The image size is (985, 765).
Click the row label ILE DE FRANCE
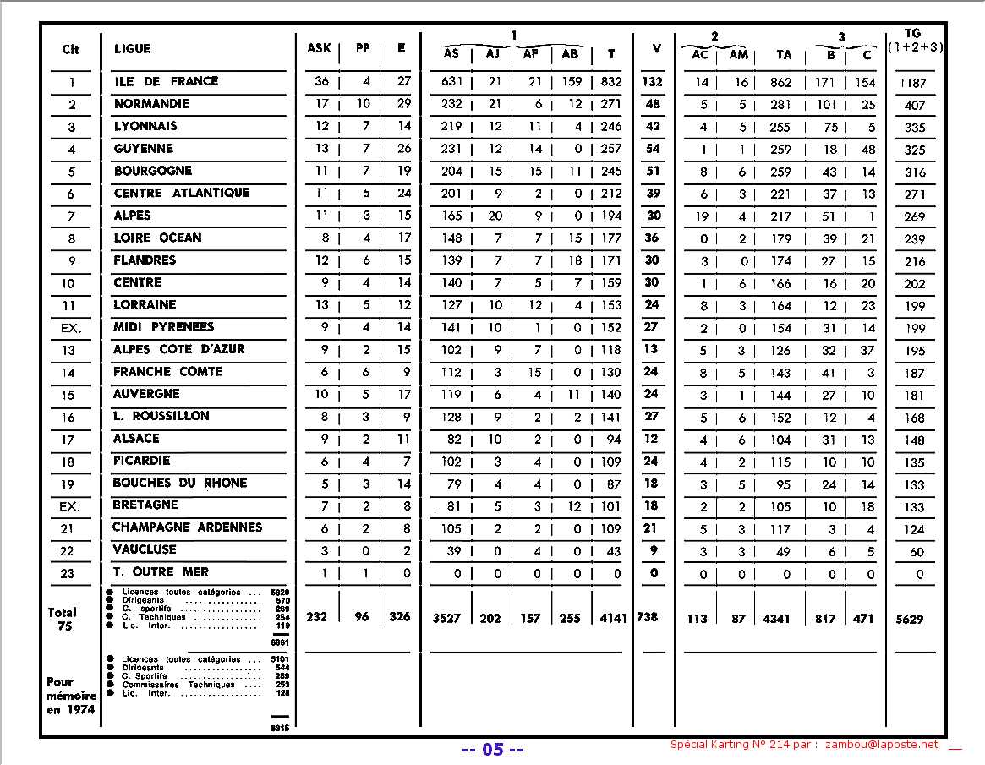point(166,81)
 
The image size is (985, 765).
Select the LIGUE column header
point(132,49)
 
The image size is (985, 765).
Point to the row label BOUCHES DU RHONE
point(179,483)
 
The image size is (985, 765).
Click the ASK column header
point(319,48)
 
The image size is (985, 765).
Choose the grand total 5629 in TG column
point(910,619)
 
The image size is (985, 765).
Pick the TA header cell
point(784,55)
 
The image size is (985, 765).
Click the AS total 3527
point(446,618)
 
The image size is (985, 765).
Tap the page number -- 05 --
point(493,750)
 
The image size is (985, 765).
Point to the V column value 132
point(653,82)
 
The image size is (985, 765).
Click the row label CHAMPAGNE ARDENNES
point(187,527)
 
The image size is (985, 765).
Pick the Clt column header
point(71,49)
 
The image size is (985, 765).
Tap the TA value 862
point(781,82)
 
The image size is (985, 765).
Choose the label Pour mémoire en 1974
point(71,695)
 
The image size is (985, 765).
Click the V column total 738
point(648,618)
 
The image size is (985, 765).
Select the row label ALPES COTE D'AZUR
point(178,349)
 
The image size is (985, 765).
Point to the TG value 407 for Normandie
point(914,106)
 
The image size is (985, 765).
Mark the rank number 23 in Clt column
point(68,574)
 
